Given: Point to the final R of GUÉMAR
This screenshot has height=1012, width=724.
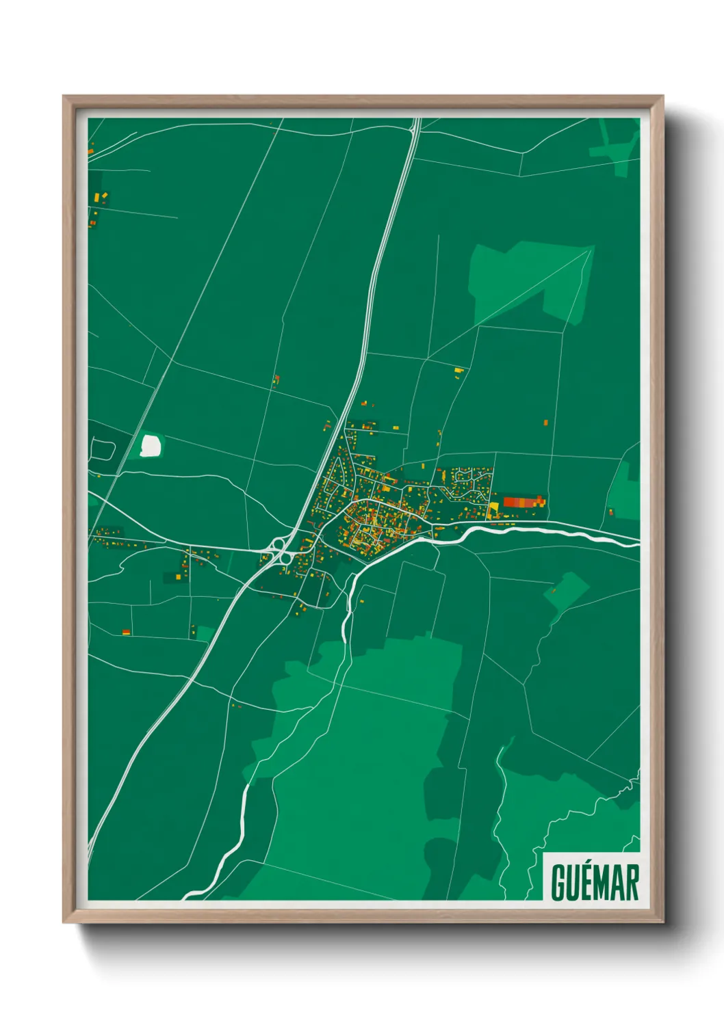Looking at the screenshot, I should point(632,883).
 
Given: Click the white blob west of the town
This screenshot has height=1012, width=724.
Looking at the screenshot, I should point(151,445).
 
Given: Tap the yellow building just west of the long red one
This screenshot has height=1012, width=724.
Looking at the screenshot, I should point(494,507).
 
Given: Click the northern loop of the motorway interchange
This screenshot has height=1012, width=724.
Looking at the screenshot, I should point(278,545).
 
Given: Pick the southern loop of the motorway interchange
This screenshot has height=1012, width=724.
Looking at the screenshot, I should point(283,557).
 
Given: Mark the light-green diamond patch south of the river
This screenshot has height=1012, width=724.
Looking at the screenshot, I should point(567,590).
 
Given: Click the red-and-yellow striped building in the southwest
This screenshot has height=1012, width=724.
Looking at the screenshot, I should point(126,632).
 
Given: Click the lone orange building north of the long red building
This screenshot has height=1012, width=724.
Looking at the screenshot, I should point(545,423).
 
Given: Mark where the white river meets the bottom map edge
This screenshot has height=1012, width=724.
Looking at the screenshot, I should point(188,896).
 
